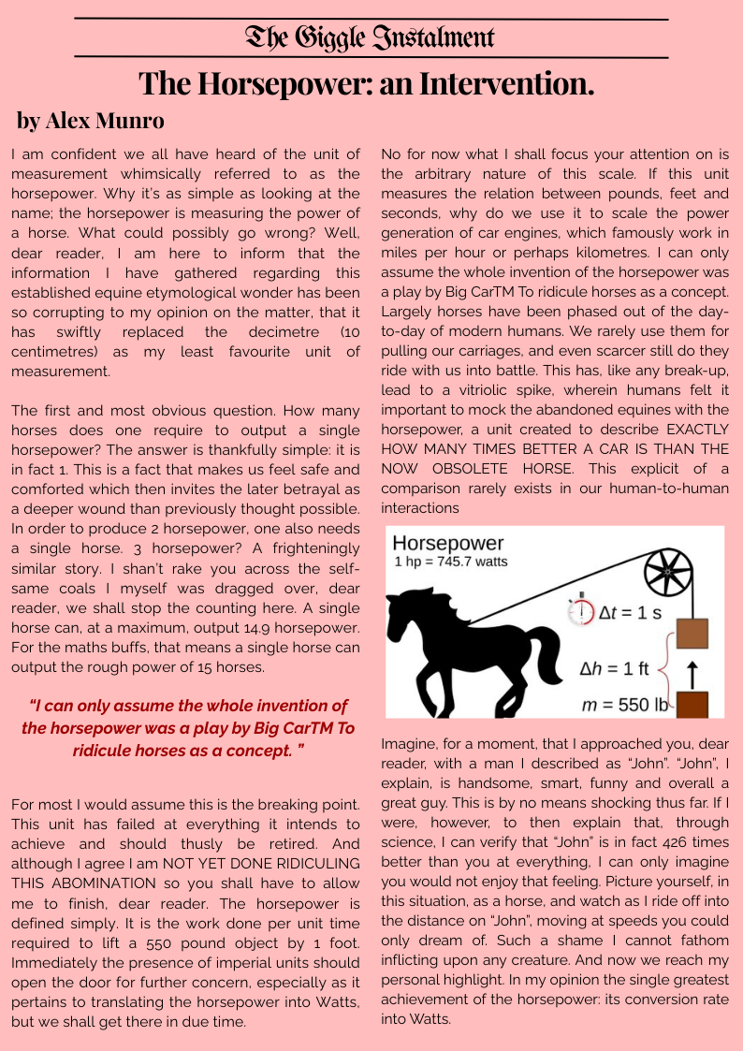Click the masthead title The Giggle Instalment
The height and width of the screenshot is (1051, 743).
(x=371, y=37)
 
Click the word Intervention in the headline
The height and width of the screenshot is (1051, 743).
(x=504, y=84)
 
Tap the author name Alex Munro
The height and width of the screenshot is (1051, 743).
(x=91, y=121)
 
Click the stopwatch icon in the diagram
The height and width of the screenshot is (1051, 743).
(x=581, y=611)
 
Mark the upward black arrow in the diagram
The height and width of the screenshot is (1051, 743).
(x=692, y=670)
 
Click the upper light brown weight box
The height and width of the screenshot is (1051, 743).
(x=692, y=634)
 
